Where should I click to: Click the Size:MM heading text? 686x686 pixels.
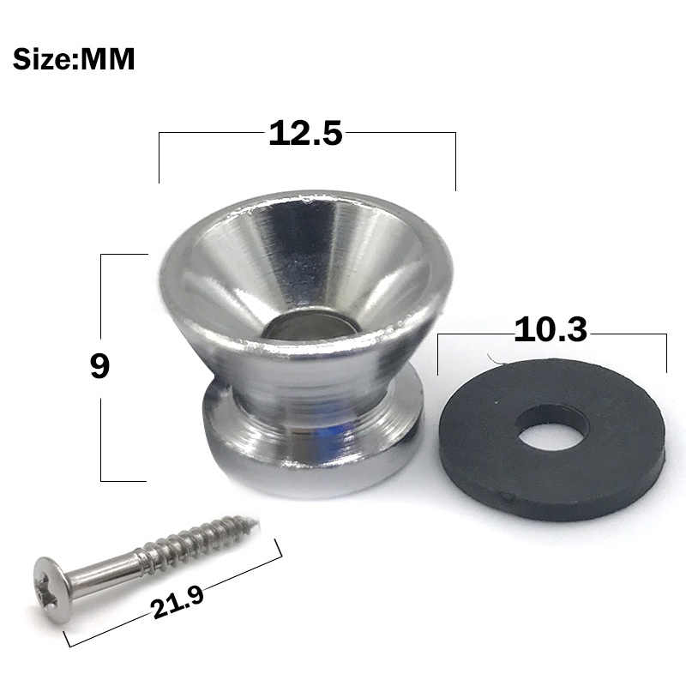pos(74,59)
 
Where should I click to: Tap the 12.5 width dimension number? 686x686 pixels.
pos(305,133)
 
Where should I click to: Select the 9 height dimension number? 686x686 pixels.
pos(99,366)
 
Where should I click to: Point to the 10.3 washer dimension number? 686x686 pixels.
pos(551,330)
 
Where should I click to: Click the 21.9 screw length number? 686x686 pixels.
pos(178,603)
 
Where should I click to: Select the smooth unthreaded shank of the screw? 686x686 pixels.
pos(103,571)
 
